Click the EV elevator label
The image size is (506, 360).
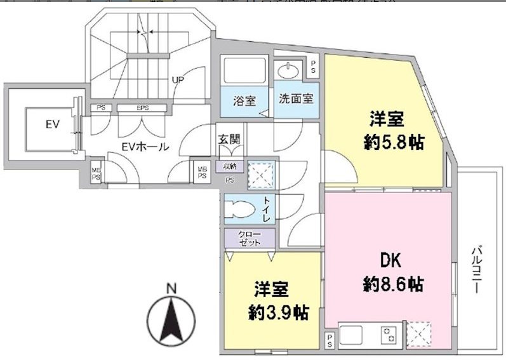coord(51,124)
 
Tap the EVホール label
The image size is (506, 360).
coord(145,147)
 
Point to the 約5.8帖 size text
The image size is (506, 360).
coord(394,142)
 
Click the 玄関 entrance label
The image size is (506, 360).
coord(229,140)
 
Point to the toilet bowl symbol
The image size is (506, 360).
coord(239,208)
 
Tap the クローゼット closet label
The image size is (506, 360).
coord(249,238)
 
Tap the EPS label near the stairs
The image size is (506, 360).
coord(143,108)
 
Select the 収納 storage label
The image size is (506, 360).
coord(229,166)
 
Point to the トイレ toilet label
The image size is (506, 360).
coord(267,208)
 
